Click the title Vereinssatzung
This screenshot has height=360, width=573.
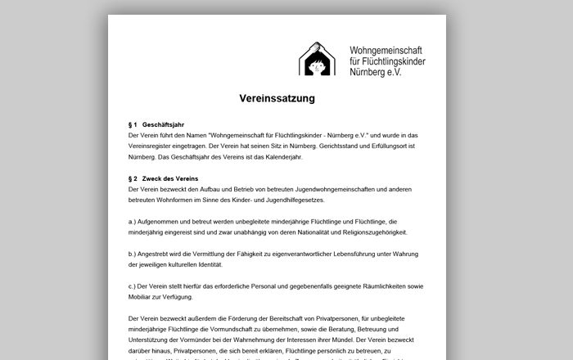(x=277, y=98)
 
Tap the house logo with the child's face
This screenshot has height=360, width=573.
(x=317, y=58)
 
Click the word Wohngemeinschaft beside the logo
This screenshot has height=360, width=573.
(x=387, y=49)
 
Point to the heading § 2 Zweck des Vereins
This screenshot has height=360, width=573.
(x=164, y=178)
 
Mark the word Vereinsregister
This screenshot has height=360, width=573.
(x=153, y=146)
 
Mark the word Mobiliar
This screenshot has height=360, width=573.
(x=143, y=297)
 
